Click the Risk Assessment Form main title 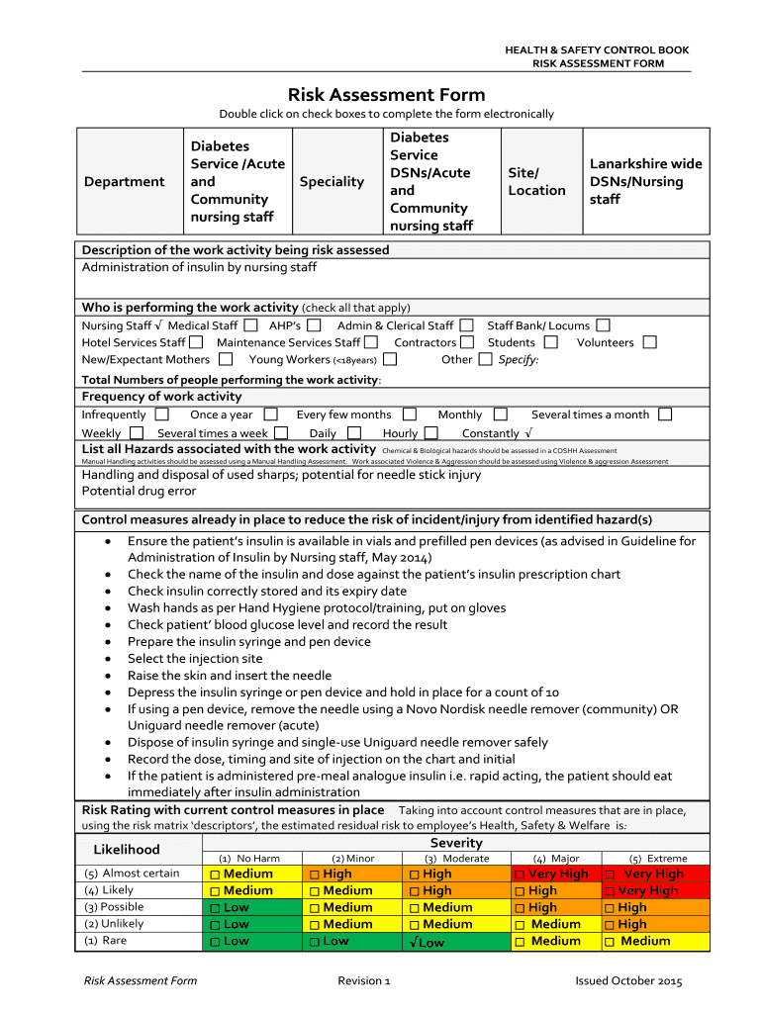coord(386,95)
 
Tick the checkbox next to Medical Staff coord(250,325)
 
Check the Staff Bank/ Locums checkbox coord(603,325)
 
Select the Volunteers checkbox coord(649,342)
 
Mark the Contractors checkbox coord(468,342)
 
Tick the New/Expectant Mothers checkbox coord(226,359)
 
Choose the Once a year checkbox coord(270,414)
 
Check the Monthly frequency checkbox coord(500,414)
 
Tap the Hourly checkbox coord(430,432)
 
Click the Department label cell coord(125,182)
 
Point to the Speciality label coord(333,182)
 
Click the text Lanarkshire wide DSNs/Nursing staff coord(645,182)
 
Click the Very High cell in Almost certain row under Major coord(551,875)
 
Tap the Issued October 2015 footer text coord(628,981)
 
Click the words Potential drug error coord(139,492)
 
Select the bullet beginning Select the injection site coord(195,659)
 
